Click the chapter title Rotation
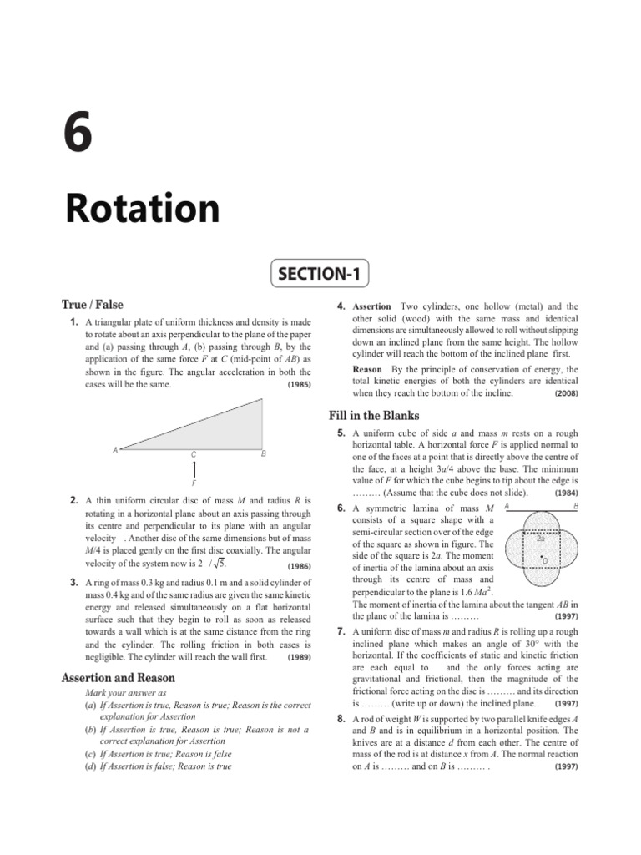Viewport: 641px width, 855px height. click(x=142, y=210)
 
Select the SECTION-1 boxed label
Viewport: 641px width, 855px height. click(x=320, y=273)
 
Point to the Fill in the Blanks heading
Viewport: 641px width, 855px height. click(x=374, y=416)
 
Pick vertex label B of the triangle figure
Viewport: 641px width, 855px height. click(x=264, y=454)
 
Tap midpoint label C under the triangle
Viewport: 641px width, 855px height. click(x=194, y=455)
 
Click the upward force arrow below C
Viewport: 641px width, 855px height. click(x=194, y=470)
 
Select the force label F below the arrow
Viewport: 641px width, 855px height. click(x=194, y=483)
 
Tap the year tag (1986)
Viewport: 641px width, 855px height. click(x=298, y=566)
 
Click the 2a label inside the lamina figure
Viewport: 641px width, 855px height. click(x=541, y=539)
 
